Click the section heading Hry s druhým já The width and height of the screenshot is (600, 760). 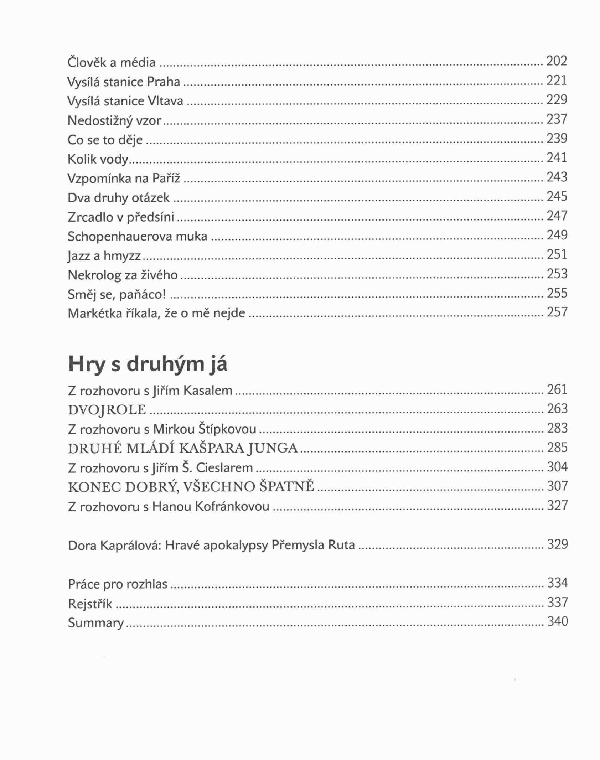tap(148, 364)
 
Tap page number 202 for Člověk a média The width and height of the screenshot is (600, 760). tap(557, 61)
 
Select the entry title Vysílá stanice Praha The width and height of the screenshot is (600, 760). tap(124, 82)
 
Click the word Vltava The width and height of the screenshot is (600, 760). tap(165, 101)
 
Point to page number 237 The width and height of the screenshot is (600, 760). tap(557, 119)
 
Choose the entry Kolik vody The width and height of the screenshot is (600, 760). tap(98, 159)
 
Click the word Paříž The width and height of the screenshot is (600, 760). tap(166, 178)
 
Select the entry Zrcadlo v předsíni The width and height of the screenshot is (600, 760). tap(121, 217)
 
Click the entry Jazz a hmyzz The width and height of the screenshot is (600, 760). tap(104, 256)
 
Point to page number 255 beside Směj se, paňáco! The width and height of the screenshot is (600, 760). tap(557, 293)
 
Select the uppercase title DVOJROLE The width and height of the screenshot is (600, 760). tap(107, 410)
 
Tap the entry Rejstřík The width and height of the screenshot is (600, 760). tap(90, 604)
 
